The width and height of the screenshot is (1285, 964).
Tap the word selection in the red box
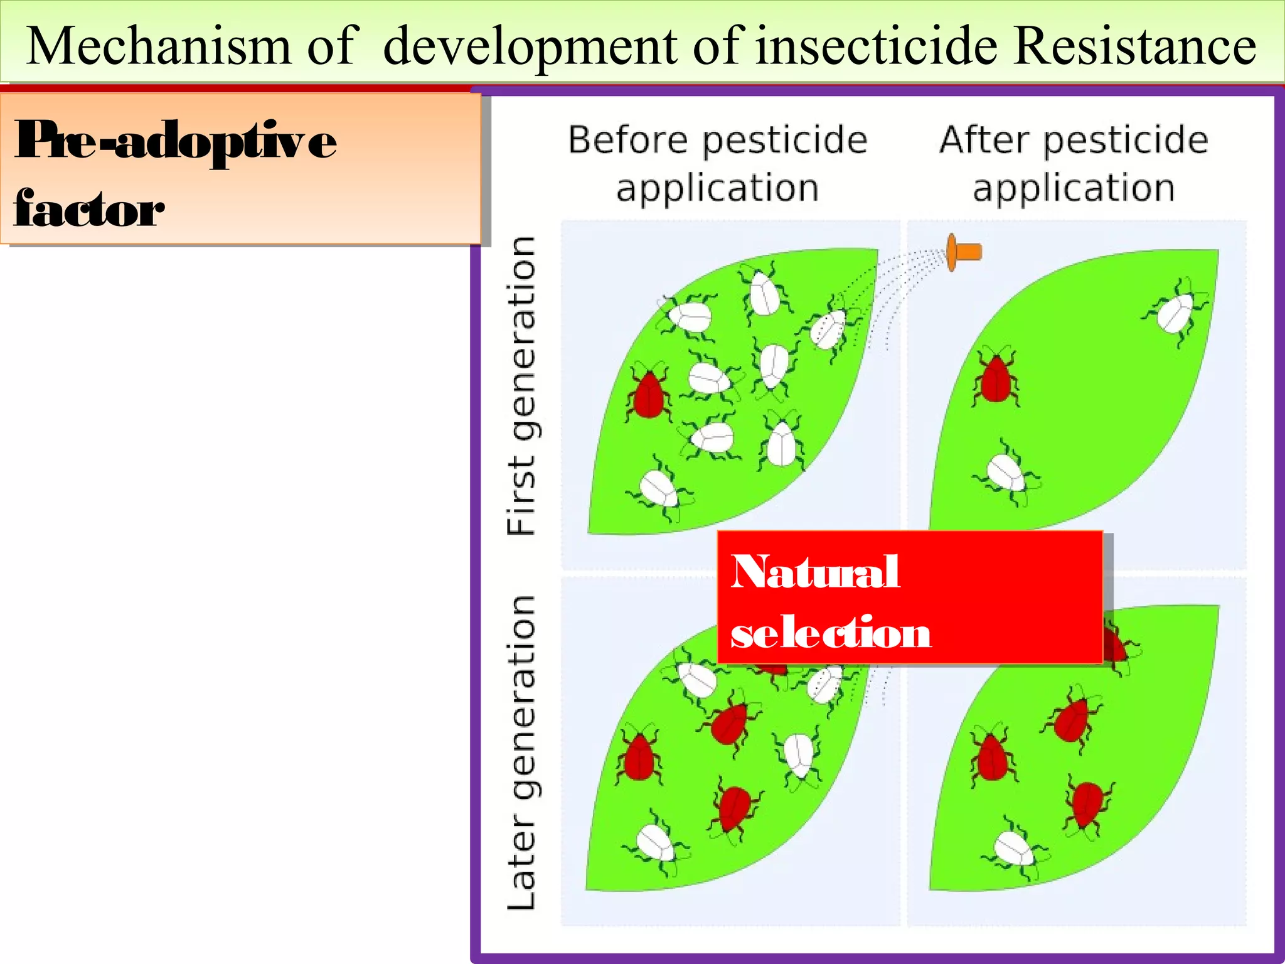[831, 633]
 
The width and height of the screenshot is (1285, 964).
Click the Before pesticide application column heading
[718, 163]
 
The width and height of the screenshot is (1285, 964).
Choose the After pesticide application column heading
[1073, 163]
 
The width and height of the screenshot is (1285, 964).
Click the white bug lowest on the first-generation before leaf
[659, 488]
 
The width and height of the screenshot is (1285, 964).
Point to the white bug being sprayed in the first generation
[828, 328]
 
